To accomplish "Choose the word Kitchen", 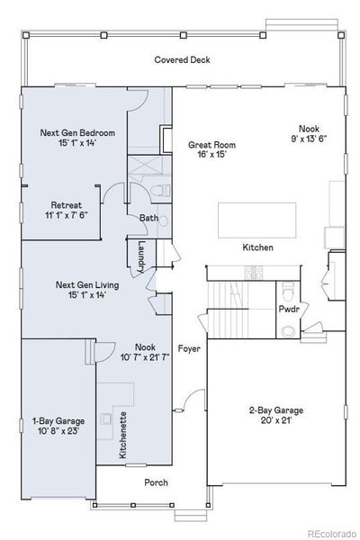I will pyautogui.click(x=257, y=247).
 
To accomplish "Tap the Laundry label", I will pyautogui.click(x=141, y=253).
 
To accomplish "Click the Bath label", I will pyautogui.click(x=148, y=218).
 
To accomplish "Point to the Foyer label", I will pyautogui.click(x=188, y=348).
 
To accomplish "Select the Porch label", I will pyautogui.click(x=157, y=482).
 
